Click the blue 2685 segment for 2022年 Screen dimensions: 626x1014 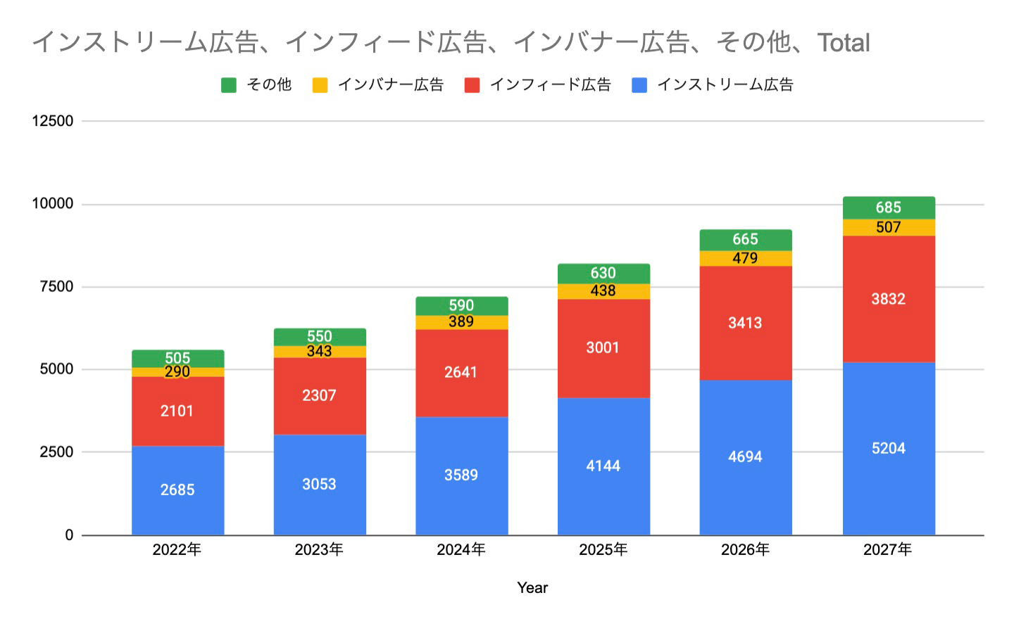177,490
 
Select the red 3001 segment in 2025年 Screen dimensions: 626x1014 603,348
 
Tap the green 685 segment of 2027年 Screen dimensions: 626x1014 889,207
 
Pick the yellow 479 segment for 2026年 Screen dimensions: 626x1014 745,258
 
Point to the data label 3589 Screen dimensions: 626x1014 461,475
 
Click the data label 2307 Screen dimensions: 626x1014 319,395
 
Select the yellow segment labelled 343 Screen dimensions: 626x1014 319,352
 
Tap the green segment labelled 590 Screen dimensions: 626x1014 461,305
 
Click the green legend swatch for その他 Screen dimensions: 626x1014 229,85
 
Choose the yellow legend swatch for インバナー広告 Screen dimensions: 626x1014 320,85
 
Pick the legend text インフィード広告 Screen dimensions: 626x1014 550,85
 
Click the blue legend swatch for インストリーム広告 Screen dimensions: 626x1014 639,85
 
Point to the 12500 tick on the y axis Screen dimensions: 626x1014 53,121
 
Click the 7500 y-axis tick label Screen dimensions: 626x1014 56,287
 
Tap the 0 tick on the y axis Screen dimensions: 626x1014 69,535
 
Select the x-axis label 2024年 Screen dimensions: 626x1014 461,550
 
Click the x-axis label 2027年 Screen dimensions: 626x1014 888,550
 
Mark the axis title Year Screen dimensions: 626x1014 532,588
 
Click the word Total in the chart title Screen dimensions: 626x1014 844,43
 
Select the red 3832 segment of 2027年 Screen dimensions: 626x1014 889,299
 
